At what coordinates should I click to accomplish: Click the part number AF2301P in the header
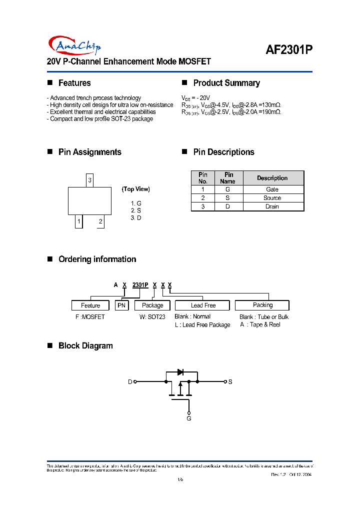[288, 50]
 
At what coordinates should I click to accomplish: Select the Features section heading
[74, 83]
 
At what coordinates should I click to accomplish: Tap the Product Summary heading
[226, 83]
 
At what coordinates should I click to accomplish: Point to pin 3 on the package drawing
[89, 180]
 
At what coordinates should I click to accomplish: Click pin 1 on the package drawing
[78, 221]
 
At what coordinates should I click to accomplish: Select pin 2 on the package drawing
[100, 221]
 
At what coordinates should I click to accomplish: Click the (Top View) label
[135, 189]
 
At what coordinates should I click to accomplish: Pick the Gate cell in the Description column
[272, 189]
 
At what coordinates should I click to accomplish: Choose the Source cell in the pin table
[272, 198]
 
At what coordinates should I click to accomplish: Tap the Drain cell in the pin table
[272, 206]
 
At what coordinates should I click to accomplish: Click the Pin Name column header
[228, 178]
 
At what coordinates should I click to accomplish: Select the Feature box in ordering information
[90, 305]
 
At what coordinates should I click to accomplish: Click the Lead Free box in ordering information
[202, 305]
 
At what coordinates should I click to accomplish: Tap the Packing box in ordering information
[262, 305]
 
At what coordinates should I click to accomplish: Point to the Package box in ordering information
[152, 305]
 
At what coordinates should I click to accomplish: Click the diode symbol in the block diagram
[180, 372]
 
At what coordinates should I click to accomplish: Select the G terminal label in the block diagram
[189, 418]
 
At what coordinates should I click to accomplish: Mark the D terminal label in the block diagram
[130, 382]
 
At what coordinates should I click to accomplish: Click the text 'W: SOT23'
[152, 317]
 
